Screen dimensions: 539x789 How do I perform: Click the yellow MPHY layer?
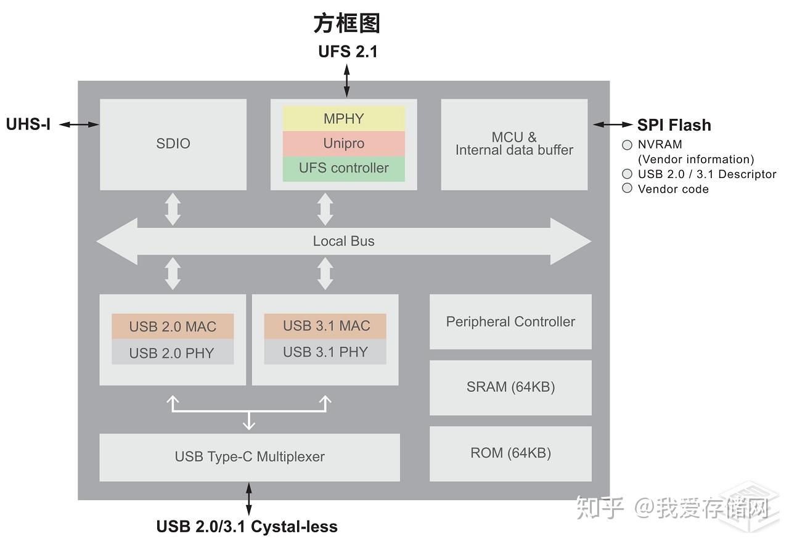pos(343,118)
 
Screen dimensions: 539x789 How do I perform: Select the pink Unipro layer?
pos(343,144)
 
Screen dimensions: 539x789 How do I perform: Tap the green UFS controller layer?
pos(343,168)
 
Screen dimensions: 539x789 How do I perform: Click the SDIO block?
pos(173,144)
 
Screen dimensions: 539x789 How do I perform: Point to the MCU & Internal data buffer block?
pos(514,144)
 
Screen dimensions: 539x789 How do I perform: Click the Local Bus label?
pos(343,241)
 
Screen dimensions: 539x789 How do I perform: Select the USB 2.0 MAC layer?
pos(173,326)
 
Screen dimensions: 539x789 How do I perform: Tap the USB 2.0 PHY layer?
pos(173,353)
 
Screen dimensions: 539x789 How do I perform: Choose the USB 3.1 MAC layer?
pos(325,326)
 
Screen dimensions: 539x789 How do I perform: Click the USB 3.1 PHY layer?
pos(325,352)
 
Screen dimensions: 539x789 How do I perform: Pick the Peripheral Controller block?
pos(510,322)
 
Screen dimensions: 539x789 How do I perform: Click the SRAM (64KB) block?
pos(510,387)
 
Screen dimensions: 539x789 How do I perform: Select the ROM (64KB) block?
pos(510,453)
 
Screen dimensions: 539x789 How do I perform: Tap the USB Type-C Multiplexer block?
pos(250,457)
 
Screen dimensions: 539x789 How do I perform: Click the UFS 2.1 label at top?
pos(348,52)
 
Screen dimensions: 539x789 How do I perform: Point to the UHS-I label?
pos(28,124)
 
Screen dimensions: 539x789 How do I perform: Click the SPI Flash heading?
pos(674,125)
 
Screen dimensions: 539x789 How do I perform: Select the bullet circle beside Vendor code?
pos(628,188)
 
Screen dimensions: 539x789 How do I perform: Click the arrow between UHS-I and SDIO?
pos(80,124)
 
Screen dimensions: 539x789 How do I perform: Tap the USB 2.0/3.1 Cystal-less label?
pos(247,527)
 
